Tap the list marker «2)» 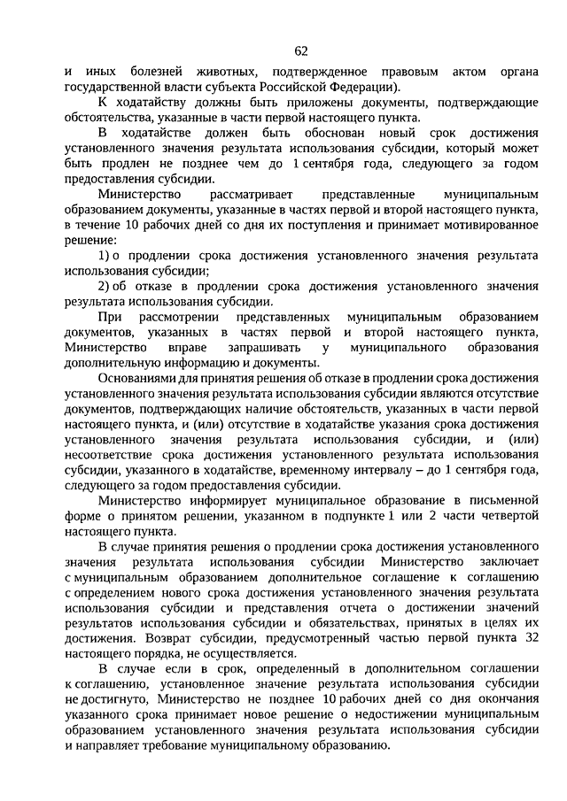(104, 288)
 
